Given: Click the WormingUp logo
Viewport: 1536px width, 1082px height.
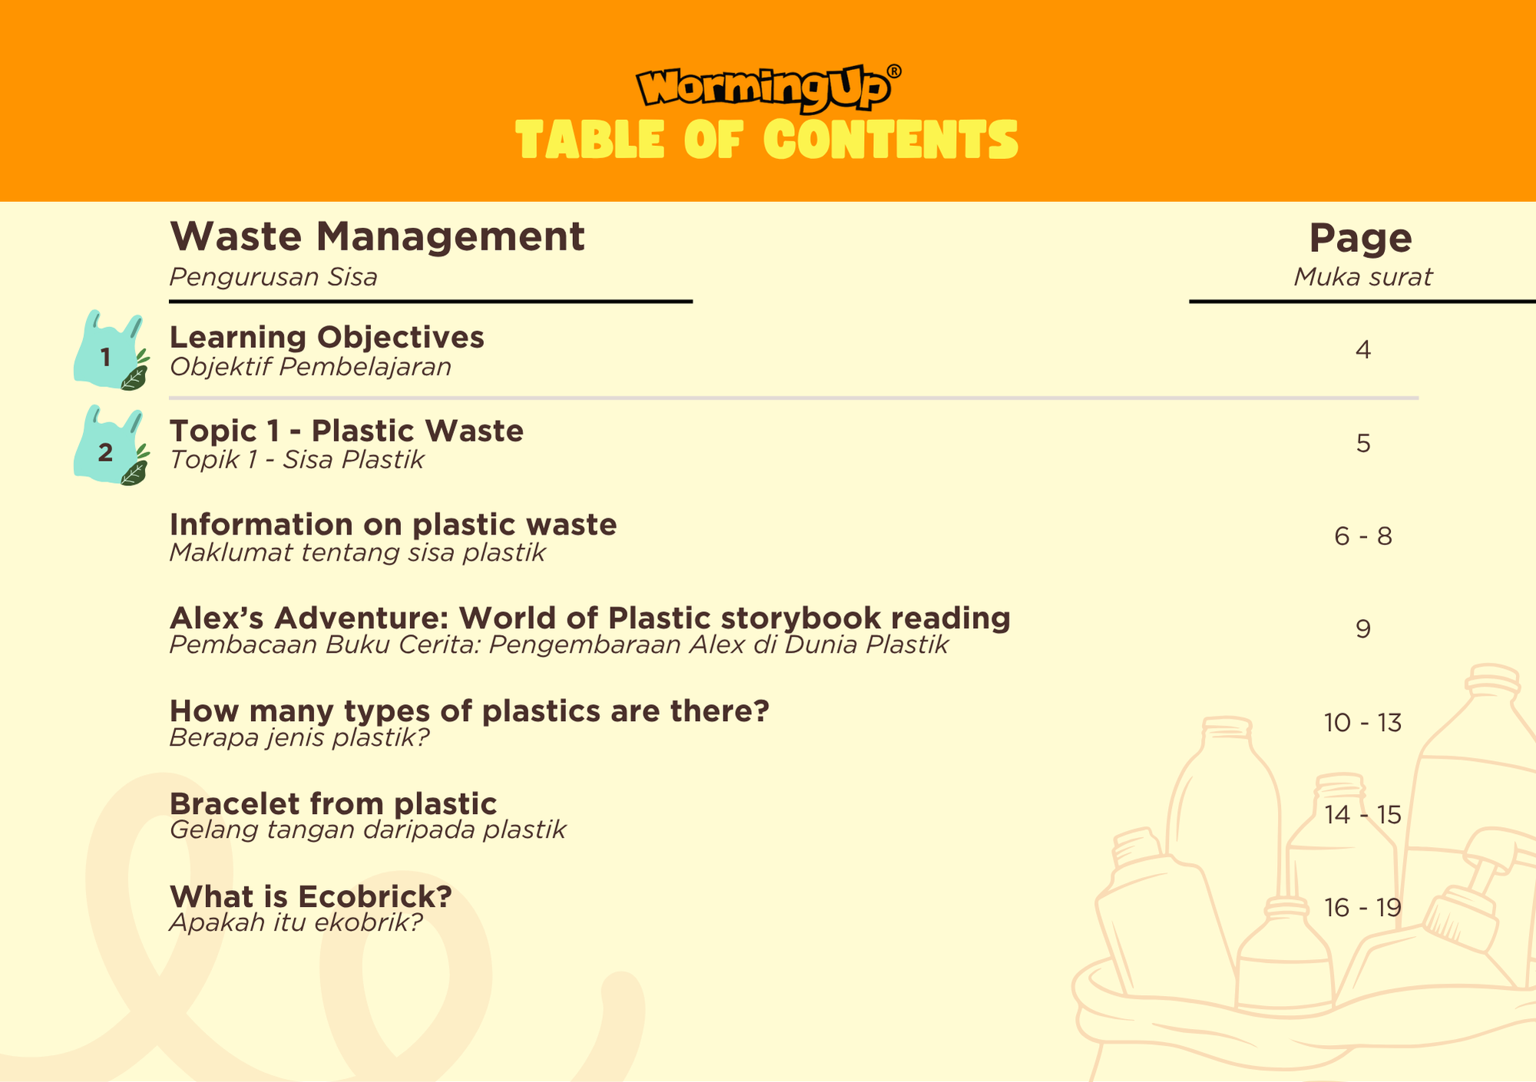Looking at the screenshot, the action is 768,88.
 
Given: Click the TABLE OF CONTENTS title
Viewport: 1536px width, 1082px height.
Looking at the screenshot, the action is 767,140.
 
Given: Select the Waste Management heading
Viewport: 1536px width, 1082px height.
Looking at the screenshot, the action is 377,237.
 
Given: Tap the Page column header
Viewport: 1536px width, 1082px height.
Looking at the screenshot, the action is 1361,239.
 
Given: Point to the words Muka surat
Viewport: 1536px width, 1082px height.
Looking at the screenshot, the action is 1363,277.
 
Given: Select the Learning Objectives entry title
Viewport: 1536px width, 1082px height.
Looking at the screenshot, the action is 326,338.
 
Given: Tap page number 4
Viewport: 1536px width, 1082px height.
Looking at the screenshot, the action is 1363,350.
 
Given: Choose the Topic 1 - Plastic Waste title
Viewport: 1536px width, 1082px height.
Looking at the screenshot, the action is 346,431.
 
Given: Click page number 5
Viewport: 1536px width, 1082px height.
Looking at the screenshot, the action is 1363,444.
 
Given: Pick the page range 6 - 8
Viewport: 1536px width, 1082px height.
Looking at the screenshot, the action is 1363,536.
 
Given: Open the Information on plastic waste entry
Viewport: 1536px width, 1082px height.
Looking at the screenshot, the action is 393,524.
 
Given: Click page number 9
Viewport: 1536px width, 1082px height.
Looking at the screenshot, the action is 1363,630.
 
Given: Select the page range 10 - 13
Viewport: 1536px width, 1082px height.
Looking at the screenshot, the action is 1363,723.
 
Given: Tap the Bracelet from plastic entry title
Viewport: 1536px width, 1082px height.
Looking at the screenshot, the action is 333,804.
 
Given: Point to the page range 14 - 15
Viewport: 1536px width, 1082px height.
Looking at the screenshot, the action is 1363,815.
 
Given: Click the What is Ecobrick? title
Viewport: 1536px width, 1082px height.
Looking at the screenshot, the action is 311,897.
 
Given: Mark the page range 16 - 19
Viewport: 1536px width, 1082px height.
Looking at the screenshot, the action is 1363,908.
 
